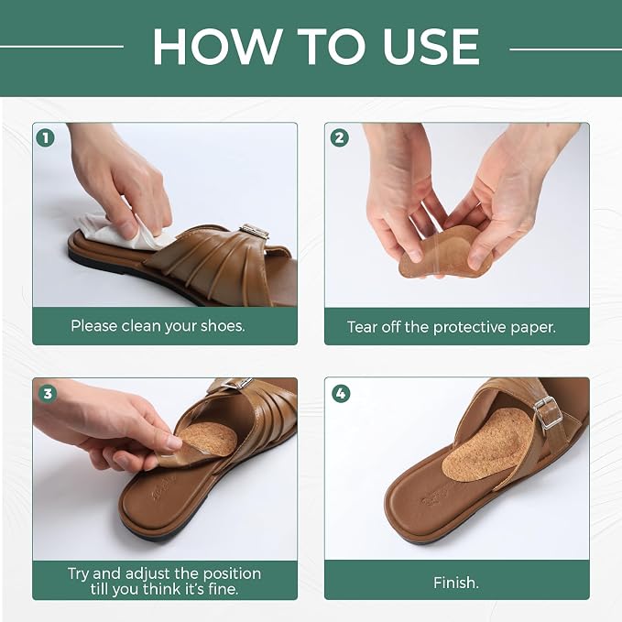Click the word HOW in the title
(217, 47)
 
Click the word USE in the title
(431, 47)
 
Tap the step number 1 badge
(45, 138)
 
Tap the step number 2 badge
(339, 137)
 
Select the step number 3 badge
(48, 394)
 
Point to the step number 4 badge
(341, 394)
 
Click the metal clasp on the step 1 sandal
(255, 231)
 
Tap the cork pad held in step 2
(444, 254)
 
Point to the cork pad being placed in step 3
(206, 440)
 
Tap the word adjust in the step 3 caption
(147, 574)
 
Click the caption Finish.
(456, 583)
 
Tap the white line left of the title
(62, 47)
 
